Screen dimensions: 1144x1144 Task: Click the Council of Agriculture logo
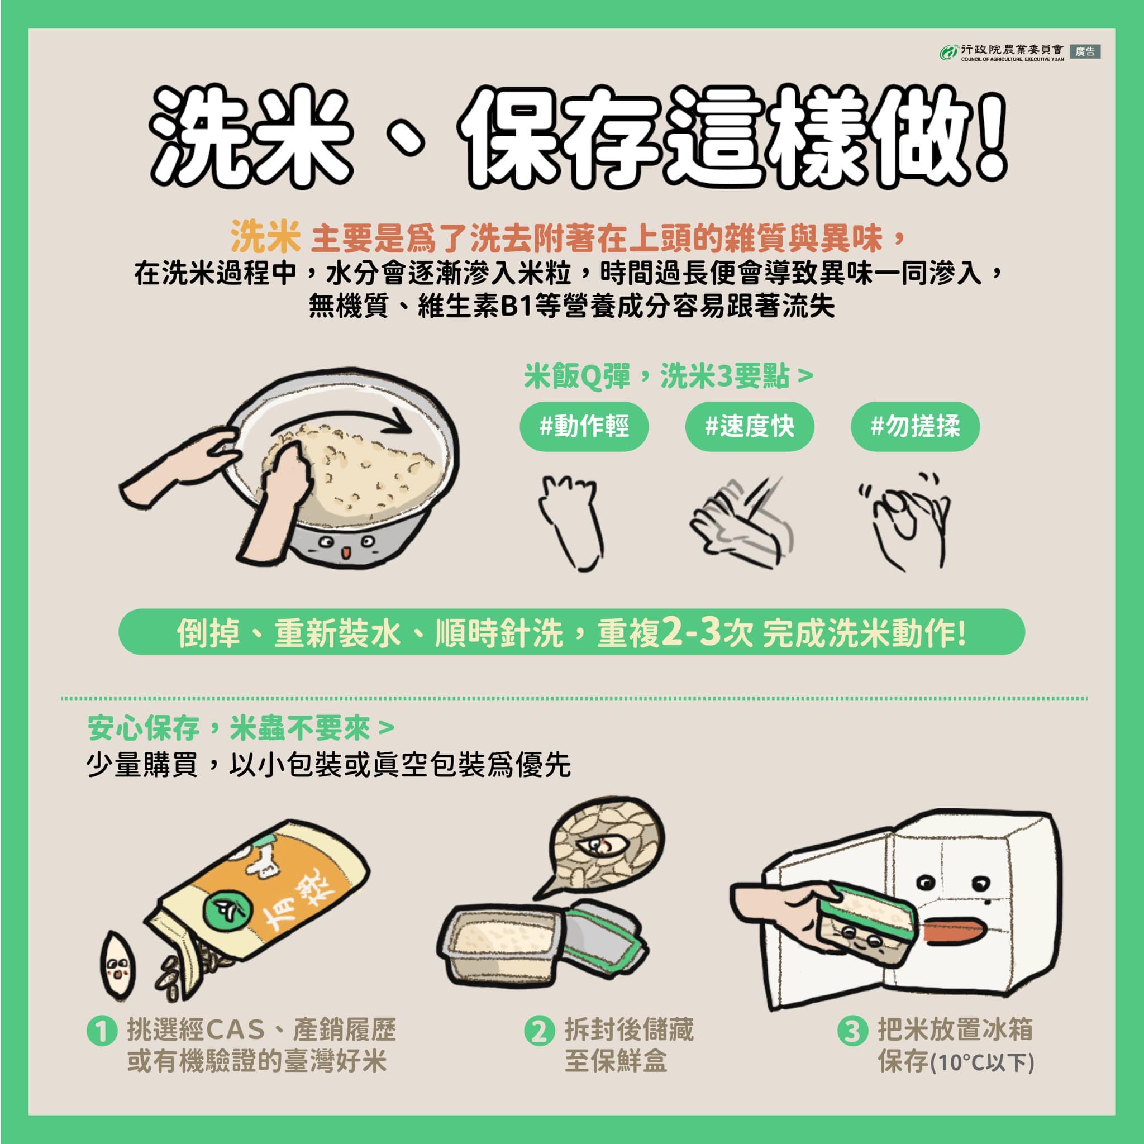[x=948, y=52]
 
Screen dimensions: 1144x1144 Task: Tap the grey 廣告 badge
[x=1085, y=51]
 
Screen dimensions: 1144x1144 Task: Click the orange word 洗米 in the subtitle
[x=265, y=238]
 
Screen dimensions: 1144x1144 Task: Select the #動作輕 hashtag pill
[x=584, y=426]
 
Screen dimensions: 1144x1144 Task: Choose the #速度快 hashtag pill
[x=750, y=426]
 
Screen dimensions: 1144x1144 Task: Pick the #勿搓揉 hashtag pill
[x=915, y=426]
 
